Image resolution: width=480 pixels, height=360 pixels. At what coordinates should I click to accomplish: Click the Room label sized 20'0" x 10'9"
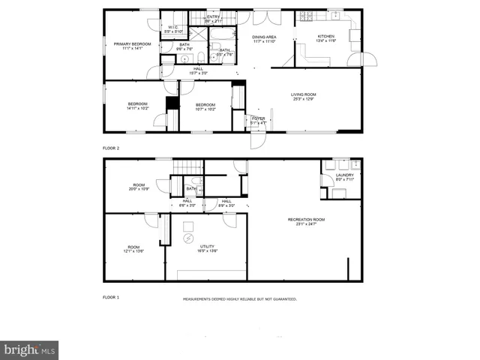tap(139, 187)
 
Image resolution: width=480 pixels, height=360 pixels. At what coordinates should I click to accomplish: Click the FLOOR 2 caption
tap(111, 148)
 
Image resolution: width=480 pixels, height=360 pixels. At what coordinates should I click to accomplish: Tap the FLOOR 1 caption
tap(111, 297)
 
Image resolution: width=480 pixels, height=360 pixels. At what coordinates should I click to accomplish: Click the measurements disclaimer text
tap(240, 298)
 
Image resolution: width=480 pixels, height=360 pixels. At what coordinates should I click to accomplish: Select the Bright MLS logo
tap(30, 349)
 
